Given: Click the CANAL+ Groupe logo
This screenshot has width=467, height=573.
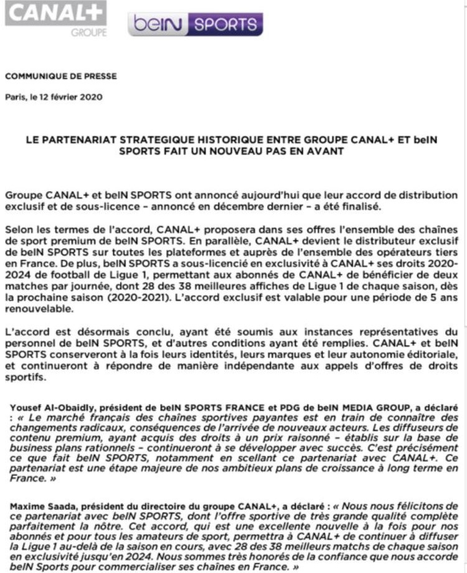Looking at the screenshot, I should click(55, 19).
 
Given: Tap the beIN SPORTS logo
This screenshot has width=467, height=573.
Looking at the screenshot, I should click(196, 24).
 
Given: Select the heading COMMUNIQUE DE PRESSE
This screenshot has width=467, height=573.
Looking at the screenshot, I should click(60, 77).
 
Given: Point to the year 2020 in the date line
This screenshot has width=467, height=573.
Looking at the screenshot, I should click(90, 97).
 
